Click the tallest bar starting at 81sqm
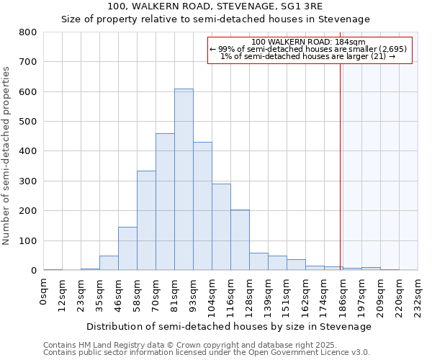[x=184, y=180]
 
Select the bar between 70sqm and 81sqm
[x=165, y=202]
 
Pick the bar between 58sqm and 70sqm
[x=146, y=220]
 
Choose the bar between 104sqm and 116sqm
[x=221, y=227]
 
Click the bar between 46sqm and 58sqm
[x=127, y=248]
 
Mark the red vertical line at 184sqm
[x=340, y=158]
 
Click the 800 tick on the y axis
[x=28, y=32]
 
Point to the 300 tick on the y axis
[x=28, y=181]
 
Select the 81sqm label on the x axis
[x=174, y=291]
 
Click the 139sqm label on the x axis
[x=268, y=293]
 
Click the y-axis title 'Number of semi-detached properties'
[x=6, y=156]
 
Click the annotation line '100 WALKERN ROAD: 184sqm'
[x=310, y=42]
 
